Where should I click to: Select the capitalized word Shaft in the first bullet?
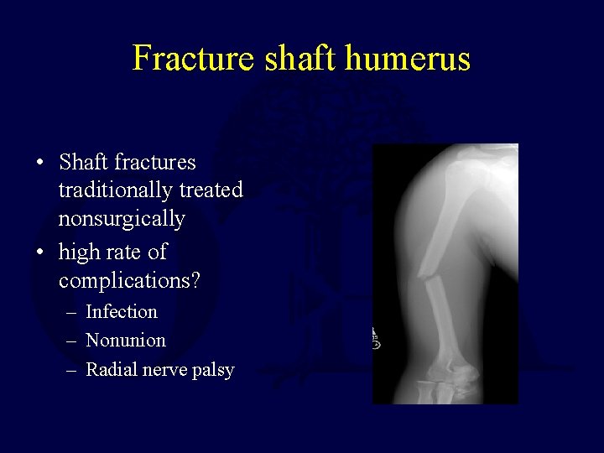[85, 162]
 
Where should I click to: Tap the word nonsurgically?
[122, 219]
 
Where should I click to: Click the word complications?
[129, 280]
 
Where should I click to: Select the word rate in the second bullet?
[124, 252]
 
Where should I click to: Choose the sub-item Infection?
[122, 311]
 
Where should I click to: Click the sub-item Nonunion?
[126, 341]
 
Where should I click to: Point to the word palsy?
[212, 371]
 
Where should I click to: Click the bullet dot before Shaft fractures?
[40, 163]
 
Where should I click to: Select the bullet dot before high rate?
[40, 253]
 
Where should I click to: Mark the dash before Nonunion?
[72, 341]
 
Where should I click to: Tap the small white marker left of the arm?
[376, 339]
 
